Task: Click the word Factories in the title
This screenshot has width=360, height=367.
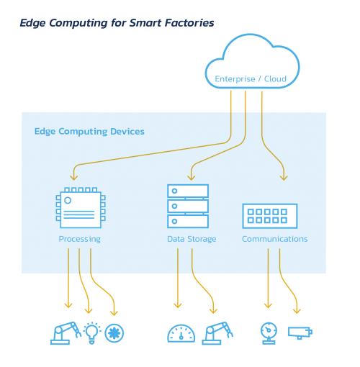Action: [x=189, y=23]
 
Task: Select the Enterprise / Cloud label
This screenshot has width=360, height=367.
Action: [x=251, y=79]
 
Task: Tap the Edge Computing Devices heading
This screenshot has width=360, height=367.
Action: [x=89, y=132]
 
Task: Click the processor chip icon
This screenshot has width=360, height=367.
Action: [x=81, y=208]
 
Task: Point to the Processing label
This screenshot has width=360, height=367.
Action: [x=80, y=239]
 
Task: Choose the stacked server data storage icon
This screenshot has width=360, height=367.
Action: [x=188, y=206]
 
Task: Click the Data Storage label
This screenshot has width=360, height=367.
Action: [x=192, y=239]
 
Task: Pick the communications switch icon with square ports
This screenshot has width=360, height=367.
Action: [x=270, y=216]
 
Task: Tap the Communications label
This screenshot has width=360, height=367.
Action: [x=275, y=239]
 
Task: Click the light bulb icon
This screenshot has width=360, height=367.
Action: [x=92, y=332]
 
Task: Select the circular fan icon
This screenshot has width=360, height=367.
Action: [x=114, y=333]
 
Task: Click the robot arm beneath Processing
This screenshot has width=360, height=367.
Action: [x=66, y=333]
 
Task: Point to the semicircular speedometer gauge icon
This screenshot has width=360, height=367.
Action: [x=181, y=333]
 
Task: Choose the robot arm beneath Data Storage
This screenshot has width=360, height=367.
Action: [x=217, y=333]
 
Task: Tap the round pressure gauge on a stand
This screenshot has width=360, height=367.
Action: [x=269, y=333]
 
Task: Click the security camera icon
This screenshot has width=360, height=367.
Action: [x=300, y=333]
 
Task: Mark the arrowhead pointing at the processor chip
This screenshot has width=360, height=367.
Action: [x=74, y=178]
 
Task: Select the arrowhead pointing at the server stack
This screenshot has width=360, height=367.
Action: [x=192, y=178]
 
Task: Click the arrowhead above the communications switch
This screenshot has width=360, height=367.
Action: [x=284, y=178]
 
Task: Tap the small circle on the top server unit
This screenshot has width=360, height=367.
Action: [x=174, y=191]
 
